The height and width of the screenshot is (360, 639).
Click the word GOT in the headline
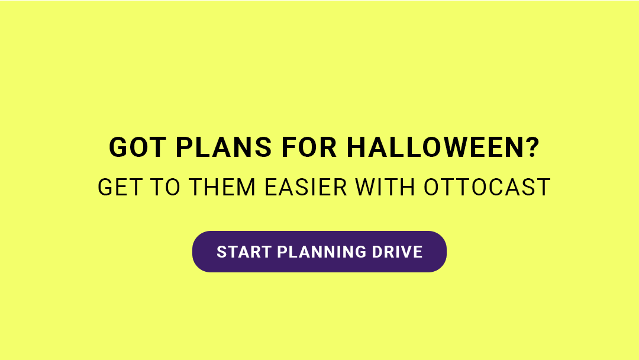pos(138,147)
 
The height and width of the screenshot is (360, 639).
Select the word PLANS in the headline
pos(224,147)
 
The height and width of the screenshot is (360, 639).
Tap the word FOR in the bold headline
pos(309,147)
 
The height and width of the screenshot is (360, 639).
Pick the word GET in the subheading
pos(121,187)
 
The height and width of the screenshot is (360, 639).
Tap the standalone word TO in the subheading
pos(166,187)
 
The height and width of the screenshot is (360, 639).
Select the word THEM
pos(222,187)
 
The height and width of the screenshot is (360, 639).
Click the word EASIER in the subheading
pos(306,187)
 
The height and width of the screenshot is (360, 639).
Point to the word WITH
pos(385,187)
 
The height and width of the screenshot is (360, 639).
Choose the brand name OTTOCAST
pos(487,187)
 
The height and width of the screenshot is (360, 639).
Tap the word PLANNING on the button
pos(322,252)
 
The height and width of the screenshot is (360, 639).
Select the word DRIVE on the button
pos(398,252)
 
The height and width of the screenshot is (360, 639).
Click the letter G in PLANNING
pos(360,252)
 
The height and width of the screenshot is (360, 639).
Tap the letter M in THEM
pos(246,187)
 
